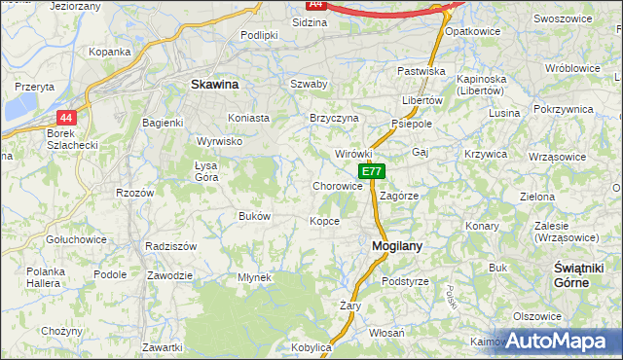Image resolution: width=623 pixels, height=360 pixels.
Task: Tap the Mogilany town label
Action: (397, 246)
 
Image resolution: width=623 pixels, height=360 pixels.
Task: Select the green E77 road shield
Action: (371, 171)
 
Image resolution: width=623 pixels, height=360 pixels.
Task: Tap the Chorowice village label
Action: (338, 186)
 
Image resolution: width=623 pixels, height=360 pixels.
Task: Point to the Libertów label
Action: (422, 100)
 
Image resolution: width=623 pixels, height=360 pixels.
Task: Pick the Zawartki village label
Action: (163, 347)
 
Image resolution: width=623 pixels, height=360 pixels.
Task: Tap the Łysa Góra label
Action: (205, 171)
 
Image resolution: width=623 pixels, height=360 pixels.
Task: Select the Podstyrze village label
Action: (405, 281)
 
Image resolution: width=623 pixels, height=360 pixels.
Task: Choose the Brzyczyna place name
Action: (334, 118)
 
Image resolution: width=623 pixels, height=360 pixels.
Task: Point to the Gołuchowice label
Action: (76, 238)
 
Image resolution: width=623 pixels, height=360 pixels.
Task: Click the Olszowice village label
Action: (537, 316)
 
